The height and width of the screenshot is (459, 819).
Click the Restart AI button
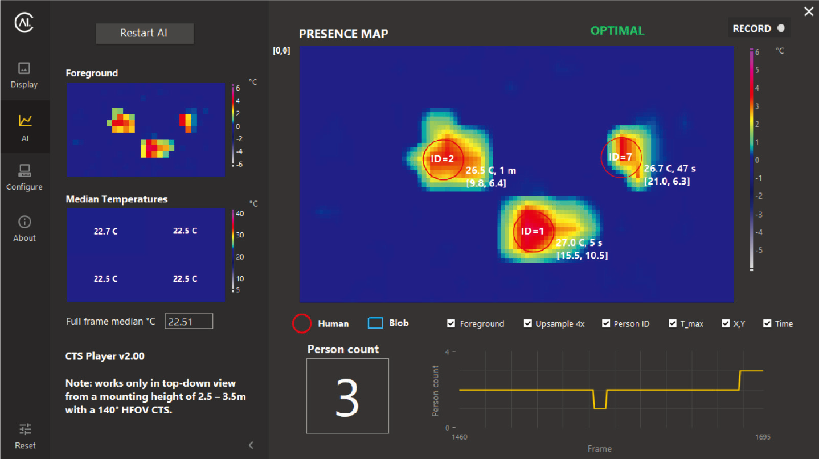144,33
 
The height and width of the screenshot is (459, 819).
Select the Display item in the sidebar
24,75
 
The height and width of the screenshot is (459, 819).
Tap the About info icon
24,222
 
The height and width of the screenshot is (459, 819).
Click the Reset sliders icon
25,429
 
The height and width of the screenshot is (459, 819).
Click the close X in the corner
809,11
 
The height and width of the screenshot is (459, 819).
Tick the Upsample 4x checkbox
528,323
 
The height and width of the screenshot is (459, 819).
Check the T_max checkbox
673,323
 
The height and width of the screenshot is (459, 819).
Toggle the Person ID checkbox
606,323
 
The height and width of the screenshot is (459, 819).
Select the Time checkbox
767,323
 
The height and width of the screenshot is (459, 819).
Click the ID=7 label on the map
620,157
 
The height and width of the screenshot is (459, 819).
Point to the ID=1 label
533,231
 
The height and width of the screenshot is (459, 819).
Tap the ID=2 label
442,159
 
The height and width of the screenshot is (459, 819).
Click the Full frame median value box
189,321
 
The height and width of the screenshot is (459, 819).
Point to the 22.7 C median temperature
106,231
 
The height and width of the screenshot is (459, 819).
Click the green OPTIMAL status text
617,31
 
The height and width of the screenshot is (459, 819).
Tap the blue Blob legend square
375,323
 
